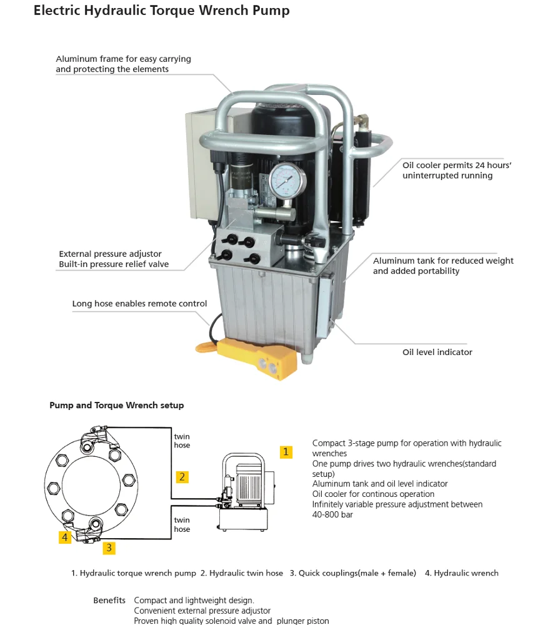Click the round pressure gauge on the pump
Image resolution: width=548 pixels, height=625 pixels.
coord(288,181)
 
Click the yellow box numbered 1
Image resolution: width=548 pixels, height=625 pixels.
coord(286,452)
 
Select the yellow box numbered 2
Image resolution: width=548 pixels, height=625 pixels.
coord(182,477)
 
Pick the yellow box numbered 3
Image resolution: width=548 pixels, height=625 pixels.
coord(109,547)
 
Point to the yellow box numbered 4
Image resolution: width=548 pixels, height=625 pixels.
coord(65,537)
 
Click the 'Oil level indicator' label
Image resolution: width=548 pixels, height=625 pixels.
coord(437,352)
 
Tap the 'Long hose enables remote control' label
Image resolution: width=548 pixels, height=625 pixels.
coord(139,304)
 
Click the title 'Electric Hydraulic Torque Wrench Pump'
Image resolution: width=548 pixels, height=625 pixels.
coord(161,11)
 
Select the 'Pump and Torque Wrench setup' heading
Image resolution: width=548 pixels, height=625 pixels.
coord(117,405)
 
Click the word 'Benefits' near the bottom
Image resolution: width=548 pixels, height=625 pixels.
coord(109,601)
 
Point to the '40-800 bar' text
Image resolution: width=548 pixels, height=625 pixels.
coord(332,514)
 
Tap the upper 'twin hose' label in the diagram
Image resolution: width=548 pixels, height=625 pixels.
coord(182,441)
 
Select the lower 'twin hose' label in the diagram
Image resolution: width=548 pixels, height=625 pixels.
coord(182,524)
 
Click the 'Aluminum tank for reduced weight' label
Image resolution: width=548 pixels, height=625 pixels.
coord(443,261)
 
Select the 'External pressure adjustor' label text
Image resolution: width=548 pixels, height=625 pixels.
coord(110,254)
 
